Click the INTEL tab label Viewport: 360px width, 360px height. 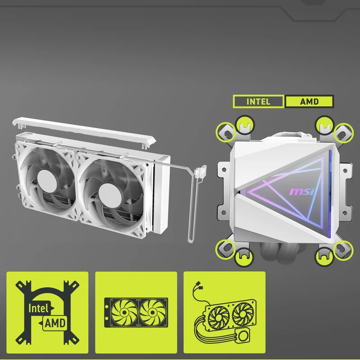[258, 102]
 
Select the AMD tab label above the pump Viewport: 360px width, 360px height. [309, 102]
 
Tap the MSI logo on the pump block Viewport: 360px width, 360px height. [302, 191]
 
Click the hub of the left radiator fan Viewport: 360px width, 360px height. [47, 180]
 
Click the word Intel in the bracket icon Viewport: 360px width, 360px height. [38, 308]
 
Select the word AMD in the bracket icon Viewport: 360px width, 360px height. [55, 323]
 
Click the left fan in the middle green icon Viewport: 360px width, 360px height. [124, 312]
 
